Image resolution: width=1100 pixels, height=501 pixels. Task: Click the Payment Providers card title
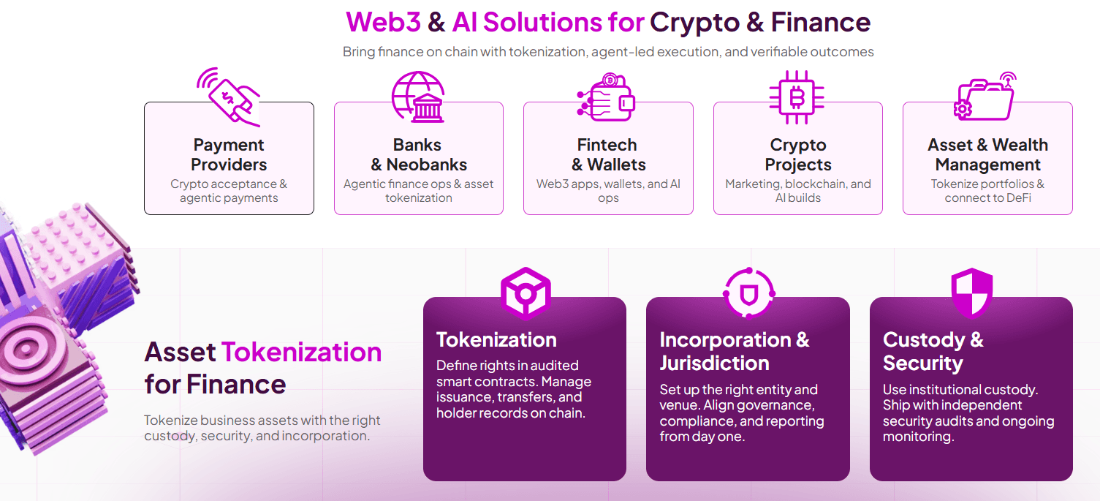tap(229, 155)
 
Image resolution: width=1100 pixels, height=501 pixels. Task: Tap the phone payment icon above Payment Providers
tap(229, 96)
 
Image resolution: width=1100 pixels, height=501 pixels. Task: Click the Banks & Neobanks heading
tap(418, 155)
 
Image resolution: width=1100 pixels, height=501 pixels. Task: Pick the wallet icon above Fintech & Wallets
tap(607, 97)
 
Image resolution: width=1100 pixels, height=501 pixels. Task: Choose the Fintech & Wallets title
tap(608, 155)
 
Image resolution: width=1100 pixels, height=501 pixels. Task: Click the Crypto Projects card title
tap(798, 155)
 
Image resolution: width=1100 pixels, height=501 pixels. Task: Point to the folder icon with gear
tap(986, 97)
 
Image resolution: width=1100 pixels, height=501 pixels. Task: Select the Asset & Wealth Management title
tap(987, 155)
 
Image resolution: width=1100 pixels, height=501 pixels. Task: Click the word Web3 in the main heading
tap(383, 22)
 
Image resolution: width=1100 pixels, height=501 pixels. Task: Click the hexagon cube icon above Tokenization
tap(525, 293)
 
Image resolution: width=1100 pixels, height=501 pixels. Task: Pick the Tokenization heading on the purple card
tap(496, 340)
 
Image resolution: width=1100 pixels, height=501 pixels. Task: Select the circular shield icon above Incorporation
tap(748, 293)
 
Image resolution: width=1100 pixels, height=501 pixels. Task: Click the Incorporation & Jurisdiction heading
tap(735, 352)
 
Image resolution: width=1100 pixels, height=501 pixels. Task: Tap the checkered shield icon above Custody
tap(971, 293)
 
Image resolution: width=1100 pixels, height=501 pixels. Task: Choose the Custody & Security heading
tap(933, 352)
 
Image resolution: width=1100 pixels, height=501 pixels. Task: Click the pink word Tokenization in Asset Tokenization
tap(301, 353)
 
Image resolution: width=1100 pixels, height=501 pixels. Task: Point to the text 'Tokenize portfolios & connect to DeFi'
tap(987, 191)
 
